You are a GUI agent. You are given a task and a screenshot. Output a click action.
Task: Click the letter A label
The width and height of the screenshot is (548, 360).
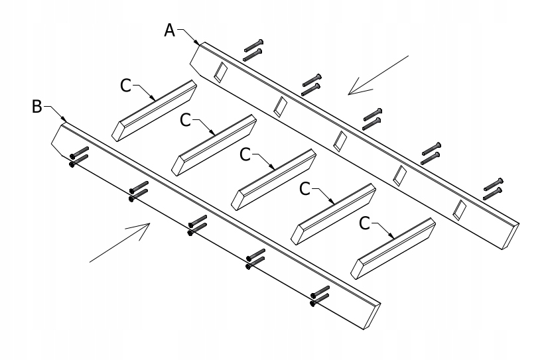(x=170, y=30)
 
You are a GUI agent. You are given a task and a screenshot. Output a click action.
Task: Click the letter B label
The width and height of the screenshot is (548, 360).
(x=37, y=106)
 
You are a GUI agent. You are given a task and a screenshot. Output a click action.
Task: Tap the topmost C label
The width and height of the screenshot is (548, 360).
(x=126, y=86)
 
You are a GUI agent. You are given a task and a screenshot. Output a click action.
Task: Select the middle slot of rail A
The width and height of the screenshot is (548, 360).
(x=340, y=139)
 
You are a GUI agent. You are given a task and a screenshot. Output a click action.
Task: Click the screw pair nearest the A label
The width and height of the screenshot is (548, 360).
(x=253, y=49)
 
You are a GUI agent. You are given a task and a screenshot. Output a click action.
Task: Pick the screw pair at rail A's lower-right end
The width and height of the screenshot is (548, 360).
(x=492, y=188)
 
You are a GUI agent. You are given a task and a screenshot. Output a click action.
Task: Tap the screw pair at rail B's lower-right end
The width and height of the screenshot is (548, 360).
(x=319, y=296)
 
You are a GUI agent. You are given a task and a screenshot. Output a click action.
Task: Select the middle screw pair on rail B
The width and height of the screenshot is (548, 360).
(x=198, y=225)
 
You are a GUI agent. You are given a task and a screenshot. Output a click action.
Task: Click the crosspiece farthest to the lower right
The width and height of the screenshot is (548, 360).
(x=394, y=247)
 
